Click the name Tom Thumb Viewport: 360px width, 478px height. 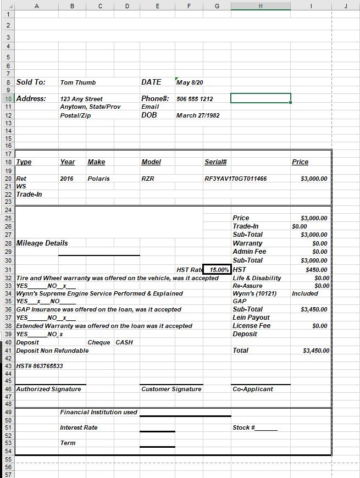pyautogui.click(x=77, y=82)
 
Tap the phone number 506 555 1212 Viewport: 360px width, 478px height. pyautogui.click(x=195, y=99)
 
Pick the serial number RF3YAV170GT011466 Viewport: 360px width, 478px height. pyautogui.click(x=235, y=179)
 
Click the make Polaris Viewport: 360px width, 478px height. pyautogui.click(x=98, y=179)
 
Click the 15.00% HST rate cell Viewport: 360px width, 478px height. pyautogui.click(x=217, y=270)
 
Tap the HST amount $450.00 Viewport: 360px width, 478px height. pyautogui.click(x=316, y=270)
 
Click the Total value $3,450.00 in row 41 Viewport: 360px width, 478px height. pyautogui.click(x=316, y=351)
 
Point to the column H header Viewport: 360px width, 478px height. pyautogui.click(x=261, y=6)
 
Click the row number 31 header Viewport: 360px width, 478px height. pyautogui.click(x=8, y=270)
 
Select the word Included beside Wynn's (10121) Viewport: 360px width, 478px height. pyautogui.click(x=305, y=293)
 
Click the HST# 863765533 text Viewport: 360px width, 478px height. pyautogui.click(x=40, y=366)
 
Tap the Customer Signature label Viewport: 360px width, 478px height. pyautogui.click(x=171, y=389)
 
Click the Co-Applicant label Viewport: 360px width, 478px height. pyautogui.click(x=253, y=389)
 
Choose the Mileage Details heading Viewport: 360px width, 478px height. pyautogui.click(x=42, y=243)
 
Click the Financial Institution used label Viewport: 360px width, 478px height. pyautogui.click(x=98, y=412)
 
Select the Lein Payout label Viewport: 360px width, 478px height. pyautogui.click(x=251, y=318)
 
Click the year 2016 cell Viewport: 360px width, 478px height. pyautogui.click(x=67, y=179)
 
